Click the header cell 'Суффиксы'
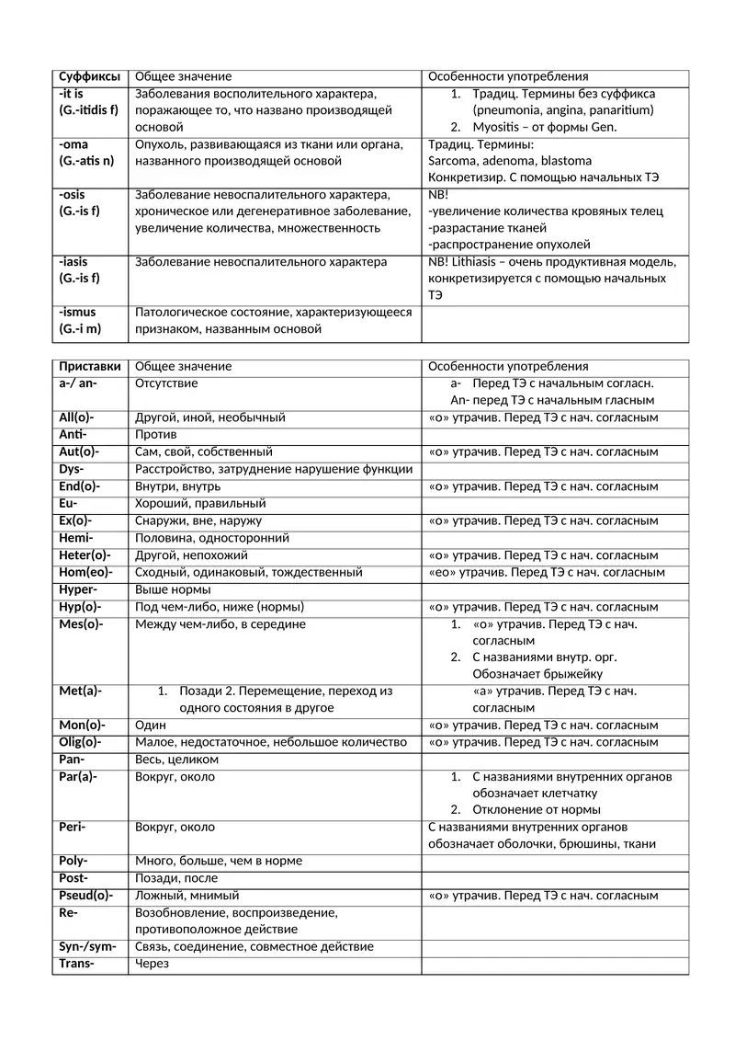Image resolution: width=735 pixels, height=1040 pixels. click(89, 76)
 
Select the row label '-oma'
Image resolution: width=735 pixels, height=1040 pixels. click(73, 144)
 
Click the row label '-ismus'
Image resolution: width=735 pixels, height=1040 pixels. click(77, 313)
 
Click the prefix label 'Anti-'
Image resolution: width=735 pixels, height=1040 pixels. click(73, 434)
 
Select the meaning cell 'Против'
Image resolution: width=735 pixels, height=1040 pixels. click(156, 434)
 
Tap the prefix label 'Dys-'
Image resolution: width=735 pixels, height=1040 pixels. click(72, 469)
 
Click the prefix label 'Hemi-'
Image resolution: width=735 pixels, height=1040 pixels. click(76, 538)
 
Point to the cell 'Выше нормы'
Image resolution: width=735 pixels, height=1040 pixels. click(173, 589)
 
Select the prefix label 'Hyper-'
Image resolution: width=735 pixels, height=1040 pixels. click(78, 589)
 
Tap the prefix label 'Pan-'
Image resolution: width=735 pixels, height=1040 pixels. click(72, 760)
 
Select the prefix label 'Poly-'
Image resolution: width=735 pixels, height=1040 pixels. click(73, 861)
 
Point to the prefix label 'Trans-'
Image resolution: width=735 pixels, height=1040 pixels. click(77, 964)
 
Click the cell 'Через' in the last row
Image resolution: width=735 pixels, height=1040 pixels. click(153, 964)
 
